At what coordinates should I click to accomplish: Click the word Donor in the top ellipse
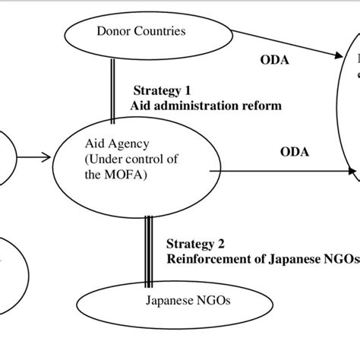(112, 31)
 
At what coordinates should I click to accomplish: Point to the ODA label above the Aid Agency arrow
(294, 152)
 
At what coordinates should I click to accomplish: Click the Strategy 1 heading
(160, 91)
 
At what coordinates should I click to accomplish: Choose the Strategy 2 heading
(194, 244)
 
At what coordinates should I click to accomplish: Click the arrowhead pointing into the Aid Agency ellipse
(46, 159)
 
